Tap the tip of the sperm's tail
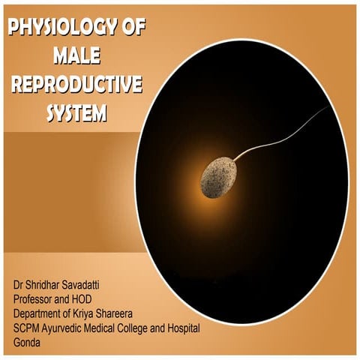(x=325, y=109)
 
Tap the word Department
(x=43, y=311)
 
